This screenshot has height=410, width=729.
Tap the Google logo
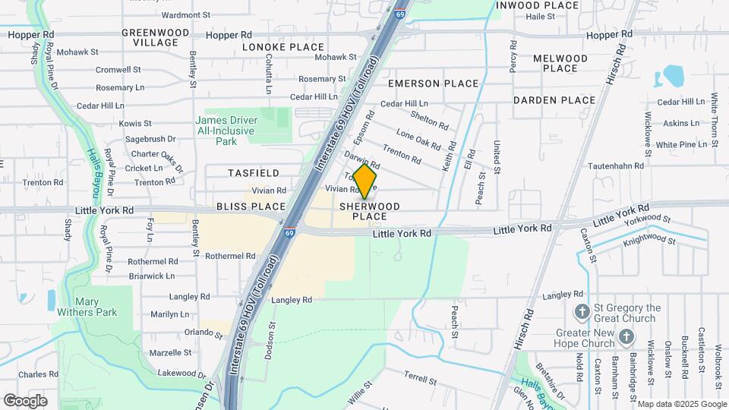(x=25, y=400)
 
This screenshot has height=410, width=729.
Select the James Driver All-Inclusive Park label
(x=226, y=131)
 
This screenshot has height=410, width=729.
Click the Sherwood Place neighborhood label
(x=369, y=211)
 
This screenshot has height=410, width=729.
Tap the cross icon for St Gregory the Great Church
(x=582, y=311)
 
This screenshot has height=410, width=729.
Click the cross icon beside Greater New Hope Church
(x=626, y=336)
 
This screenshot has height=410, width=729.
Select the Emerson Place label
(x=434, y=84)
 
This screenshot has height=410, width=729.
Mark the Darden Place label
(x=554, y=100)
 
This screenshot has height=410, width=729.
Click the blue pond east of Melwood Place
(x=672, y=76)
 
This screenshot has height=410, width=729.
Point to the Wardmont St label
(x=186, y=14)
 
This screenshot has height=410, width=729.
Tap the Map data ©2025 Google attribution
(x=682, y=404)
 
